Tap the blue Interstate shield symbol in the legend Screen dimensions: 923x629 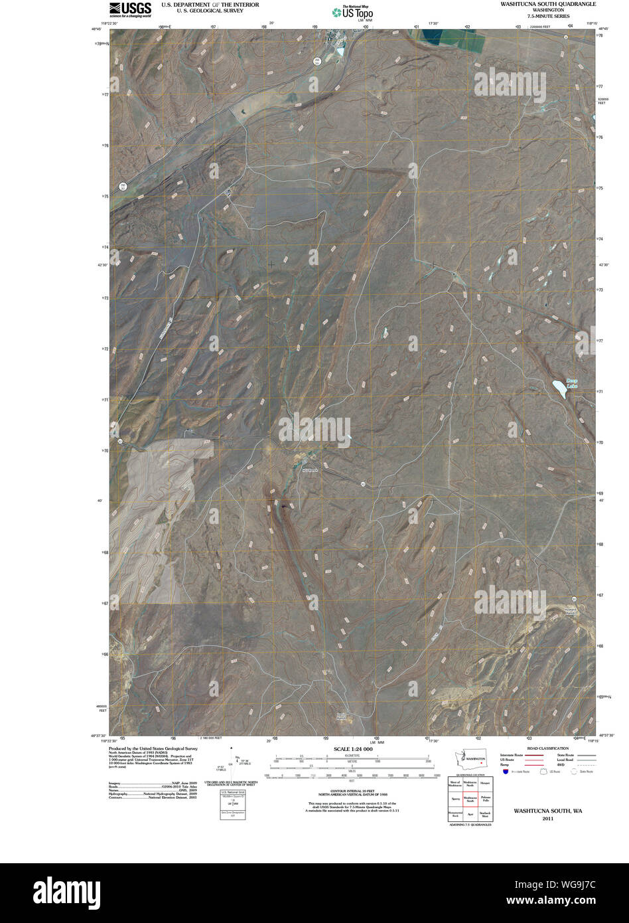[506, 772]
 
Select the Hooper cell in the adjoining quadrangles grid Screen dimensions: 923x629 [485, 784]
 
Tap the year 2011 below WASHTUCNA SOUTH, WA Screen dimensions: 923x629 [547, 819]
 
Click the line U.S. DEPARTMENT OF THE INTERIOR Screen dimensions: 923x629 [201, 5]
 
